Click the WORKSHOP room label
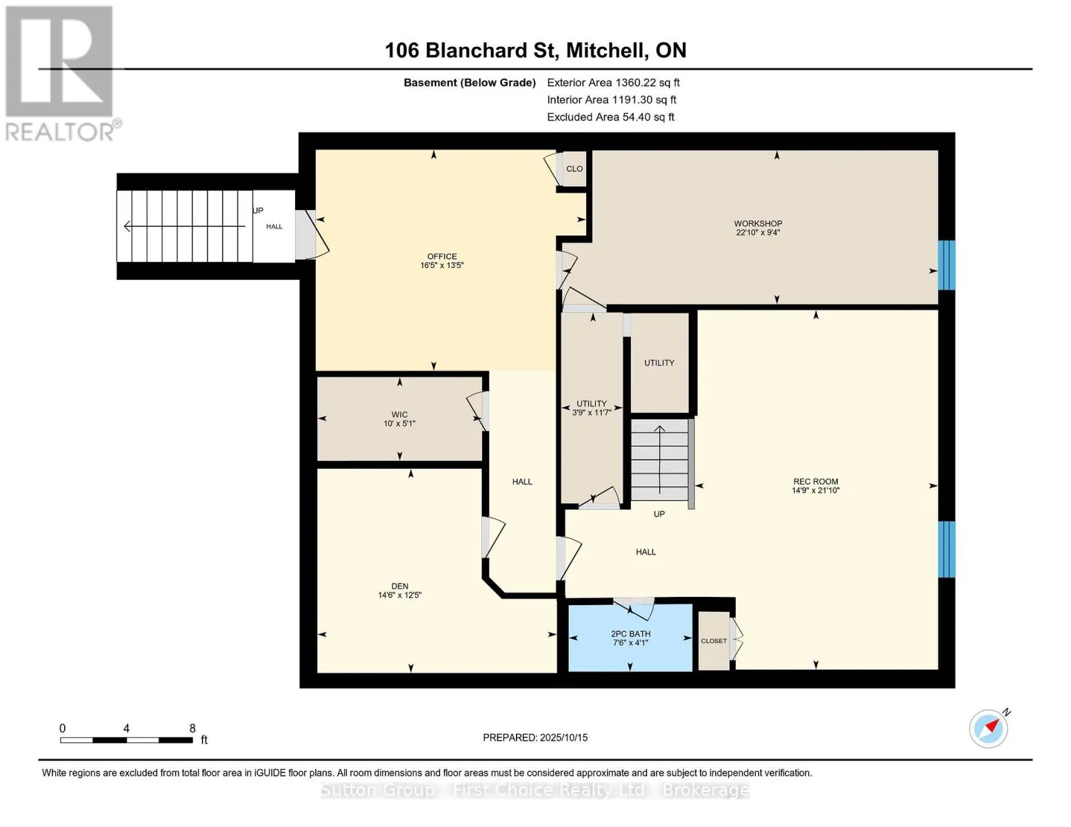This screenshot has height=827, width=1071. [757, 223]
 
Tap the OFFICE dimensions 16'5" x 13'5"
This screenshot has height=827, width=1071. [441, 265]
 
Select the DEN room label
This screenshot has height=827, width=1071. [400, 586]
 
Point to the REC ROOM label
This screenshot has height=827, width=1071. [816, 481]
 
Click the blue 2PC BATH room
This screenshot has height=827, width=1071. [630, 637]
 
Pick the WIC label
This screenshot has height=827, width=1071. [400, 415]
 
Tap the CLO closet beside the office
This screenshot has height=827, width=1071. [574, 168]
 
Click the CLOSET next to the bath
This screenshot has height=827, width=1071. [714, 641]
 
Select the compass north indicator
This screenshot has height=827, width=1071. [989, 728]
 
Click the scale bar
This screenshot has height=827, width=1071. [126, 739]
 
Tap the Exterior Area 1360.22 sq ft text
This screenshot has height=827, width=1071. [613, 83]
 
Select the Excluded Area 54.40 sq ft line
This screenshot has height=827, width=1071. [610, 117]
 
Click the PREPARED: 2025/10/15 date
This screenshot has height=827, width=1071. [535, 737]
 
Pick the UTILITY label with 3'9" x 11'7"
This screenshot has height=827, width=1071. [592, 408]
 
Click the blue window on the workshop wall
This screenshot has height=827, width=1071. [946, 265]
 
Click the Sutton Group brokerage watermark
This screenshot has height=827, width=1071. [535, 790]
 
